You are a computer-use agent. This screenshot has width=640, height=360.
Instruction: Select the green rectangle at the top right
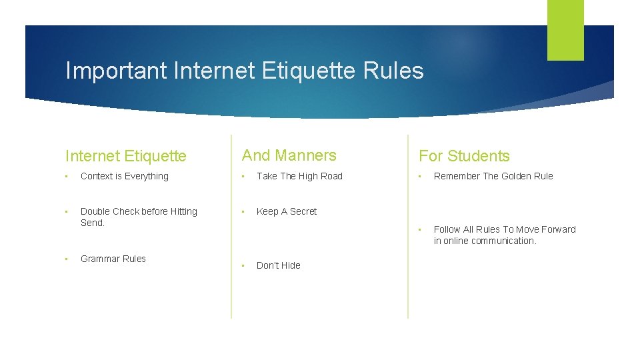565,30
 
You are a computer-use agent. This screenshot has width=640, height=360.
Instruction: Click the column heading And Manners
289,155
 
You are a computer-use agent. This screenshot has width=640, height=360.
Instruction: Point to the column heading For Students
464,156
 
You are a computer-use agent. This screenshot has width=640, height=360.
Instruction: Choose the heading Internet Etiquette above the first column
126,156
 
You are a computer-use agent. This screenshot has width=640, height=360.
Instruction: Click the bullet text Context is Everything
125,176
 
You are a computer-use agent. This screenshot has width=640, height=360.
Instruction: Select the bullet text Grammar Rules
113,259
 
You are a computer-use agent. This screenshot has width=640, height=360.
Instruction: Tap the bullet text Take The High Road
299,176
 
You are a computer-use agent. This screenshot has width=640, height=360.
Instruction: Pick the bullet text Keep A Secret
287,211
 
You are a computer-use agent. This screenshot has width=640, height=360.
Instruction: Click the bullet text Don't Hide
279,265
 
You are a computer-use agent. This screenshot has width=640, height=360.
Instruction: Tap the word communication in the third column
503,241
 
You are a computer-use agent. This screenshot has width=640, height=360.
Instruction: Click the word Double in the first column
95,211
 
